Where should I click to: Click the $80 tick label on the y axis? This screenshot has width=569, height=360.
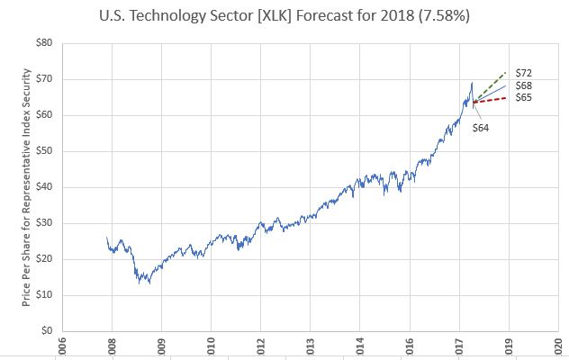click(x=41, y=43)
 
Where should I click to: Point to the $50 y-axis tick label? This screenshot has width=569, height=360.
click(x=41, y=151)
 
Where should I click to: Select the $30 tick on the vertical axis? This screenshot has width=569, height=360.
click(x=41, y=223)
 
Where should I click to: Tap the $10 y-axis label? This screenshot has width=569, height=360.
click(x=41, y=295)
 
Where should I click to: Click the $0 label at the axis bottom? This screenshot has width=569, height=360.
click(x=44, y=331)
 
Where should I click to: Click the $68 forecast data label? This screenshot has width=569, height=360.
click(x=522, y=85)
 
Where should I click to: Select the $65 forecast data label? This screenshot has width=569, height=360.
click(x=522, y=97)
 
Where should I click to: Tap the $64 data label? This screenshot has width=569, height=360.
click(x=483, y=128)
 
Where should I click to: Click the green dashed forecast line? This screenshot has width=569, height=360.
click(x=493, y=85)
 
